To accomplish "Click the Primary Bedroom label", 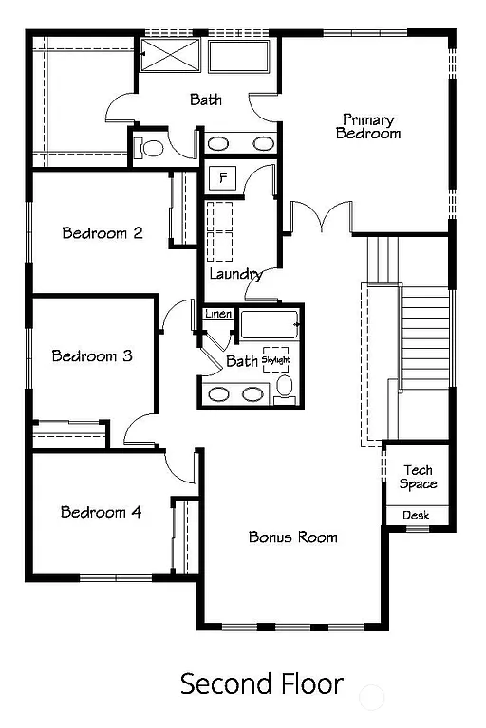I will tap(368, 126).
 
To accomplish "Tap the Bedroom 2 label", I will tap(103, 232).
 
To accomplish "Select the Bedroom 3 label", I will tap(91, 356).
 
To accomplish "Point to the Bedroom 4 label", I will tap(101, 512).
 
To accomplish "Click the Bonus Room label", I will tap(292, 537).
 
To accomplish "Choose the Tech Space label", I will tap(418, 477).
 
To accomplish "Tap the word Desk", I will tap(416, 515).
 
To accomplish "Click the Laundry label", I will tap(235, 274).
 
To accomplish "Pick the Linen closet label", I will tap(218, 314).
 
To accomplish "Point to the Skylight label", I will tap(275, 360).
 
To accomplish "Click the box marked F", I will tap(224, 178).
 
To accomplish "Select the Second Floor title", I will tap(262, 682).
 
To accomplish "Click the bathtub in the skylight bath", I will tap(269, 327).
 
